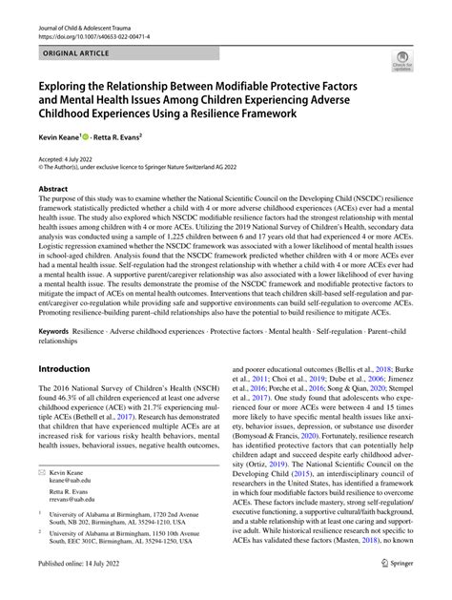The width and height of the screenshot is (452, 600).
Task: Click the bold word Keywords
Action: [x=52, y=304]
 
